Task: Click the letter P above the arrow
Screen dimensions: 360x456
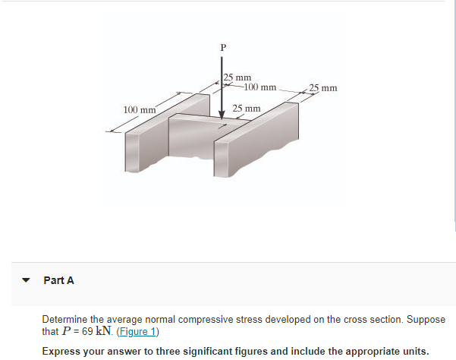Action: coord(222,48)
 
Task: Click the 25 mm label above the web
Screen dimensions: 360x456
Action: coord(247,109)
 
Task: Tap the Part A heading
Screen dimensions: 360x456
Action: coord(59,280)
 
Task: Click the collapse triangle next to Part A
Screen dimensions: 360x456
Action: coord(27,280)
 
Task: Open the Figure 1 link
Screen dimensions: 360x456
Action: coord(140,331)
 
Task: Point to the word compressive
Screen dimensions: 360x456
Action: coord(183,320)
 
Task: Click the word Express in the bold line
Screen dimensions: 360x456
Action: coord(60,351)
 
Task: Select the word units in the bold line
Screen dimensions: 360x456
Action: coord(411,351)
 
